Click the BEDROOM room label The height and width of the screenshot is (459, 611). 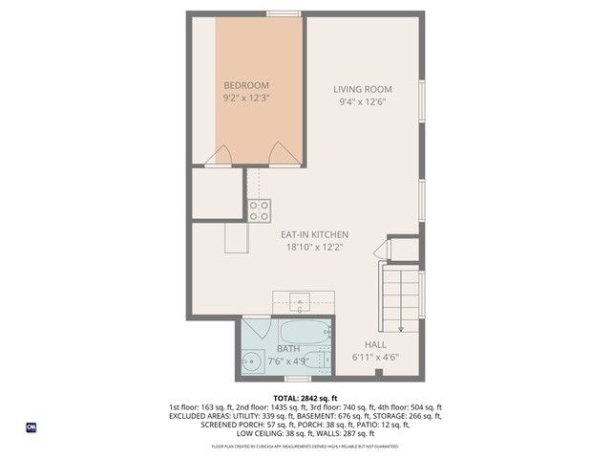(x=246, y=84)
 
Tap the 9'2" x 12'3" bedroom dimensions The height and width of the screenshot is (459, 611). (x=246, y=98)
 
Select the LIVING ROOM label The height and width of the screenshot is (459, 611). (x=363, y=89)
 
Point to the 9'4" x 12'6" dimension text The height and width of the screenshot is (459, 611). (x=363, y=102)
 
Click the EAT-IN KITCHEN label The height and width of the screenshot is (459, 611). (x=314, y=234)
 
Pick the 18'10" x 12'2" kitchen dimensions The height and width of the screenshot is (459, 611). (x=314, y=248)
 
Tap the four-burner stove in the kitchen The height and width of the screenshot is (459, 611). (x=260, y=210)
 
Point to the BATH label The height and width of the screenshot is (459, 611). (x=288, y=349)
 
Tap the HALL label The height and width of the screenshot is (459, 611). (x=375, y=344)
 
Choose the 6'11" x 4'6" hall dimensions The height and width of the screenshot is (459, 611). (x=375, y=358)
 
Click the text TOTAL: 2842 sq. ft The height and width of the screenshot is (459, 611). (x=305, y=398)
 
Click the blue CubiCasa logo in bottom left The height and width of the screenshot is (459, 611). (x=31, y=426)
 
